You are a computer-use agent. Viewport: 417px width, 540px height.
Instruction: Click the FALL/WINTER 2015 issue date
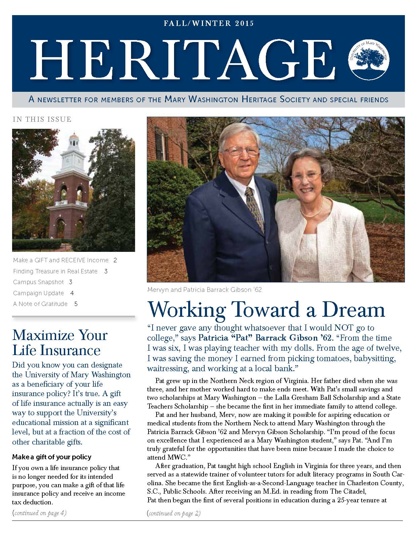pyautogui.click(x=208, y=24)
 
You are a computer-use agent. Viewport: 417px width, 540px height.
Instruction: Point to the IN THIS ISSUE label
pyautogui.click(x=42, y=119)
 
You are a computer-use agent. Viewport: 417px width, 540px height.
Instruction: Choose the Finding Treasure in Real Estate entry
pyautogui.click(x=55, y=271)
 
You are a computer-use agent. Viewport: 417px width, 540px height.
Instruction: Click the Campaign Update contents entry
pyautogui.click(x=39, y=293)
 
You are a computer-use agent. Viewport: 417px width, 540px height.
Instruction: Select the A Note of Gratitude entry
pyautogui.click(x=40, y=304)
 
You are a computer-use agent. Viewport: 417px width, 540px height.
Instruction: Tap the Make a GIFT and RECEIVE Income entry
pyautogui.click(x=61, y=260)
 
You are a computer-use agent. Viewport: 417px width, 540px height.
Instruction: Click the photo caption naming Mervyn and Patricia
pyautogui.click(x=204, y=290)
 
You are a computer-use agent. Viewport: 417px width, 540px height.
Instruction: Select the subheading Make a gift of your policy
pyautogui.click(x=52, y=457)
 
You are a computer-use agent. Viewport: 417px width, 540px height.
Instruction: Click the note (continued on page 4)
pyautogui.click(x=39, y=513)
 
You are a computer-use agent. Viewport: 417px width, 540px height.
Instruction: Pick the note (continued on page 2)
pyautogui.click(x=174, y=513)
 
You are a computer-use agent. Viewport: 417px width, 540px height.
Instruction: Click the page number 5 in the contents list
pyautogui.click(x=76, y=304)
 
